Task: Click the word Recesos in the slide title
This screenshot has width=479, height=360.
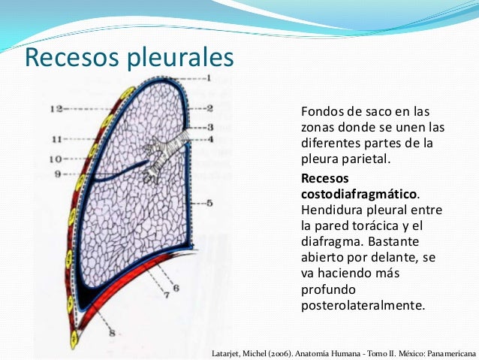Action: (72, 58)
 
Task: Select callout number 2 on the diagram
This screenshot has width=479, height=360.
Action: (210, 108)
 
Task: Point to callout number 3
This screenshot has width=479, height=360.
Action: (211, 127)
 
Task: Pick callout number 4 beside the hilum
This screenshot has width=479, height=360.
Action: (211, 138)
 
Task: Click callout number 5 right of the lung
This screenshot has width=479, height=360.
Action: (210, 203)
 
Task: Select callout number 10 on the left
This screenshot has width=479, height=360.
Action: (56, 159)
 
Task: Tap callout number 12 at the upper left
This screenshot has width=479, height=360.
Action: (56, 109)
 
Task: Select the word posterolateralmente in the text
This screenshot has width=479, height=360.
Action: (362, 305)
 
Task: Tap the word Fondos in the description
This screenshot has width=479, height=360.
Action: (321, 110)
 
